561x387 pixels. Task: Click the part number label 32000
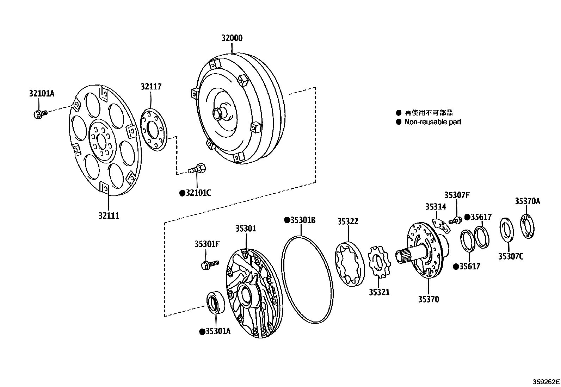pos(232,38)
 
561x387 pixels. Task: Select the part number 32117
pos(151,86)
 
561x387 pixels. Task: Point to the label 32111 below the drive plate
pos(109,215)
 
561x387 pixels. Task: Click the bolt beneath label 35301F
pos(209,264)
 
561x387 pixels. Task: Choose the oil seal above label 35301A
pos(215,302)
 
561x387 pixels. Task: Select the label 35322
pos(348,221)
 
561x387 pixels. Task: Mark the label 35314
pos(436,206)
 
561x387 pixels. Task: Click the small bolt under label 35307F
pos(455,221)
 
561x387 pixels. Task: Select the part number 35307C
pos(511,256)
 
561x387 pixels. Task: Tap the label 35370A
pos(527,201)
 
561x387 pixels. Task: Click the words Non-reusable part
pos(433,122)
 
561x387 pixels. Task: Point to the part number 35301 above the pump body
pos(246,229)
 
